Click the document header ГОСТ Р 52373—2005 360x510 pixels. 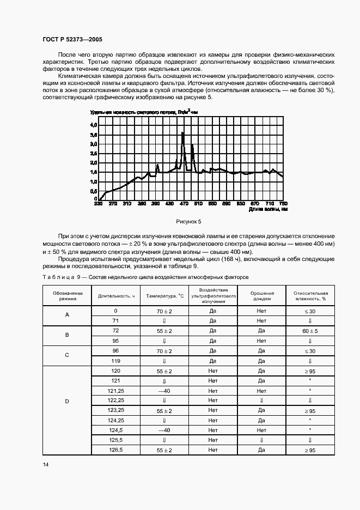click(x=72, y=39)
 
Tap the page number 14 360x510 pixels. click(x=45, y=465)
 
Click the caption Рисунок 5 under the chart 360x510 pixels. click(x=189, y=222)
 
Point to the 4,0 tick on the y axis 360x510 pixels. click(x=93, y=125)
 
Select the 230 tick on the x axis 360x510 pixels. click(x=99, y=204)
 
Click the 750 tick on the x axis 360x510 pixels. click(x=283, y=204)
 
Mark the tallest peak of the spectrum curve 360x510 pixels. click(x=183, y=132)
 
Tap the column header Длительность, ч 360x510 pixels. click(x=116, y=296)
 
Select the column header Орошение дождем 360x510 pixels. click(x=261, y=296)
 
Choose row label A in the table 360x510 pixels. click(x=67, y=316)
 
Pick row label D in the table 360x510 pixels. click(x=67, y=402)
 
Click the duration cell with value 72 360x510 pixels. click(x=116, y=331)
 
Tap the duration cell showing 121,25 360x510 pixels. click(x=116, y=391)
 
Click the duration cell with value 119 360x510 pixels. click(x=116, y=361)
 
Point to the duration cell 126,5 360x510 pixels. click(x=116, y=450)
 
